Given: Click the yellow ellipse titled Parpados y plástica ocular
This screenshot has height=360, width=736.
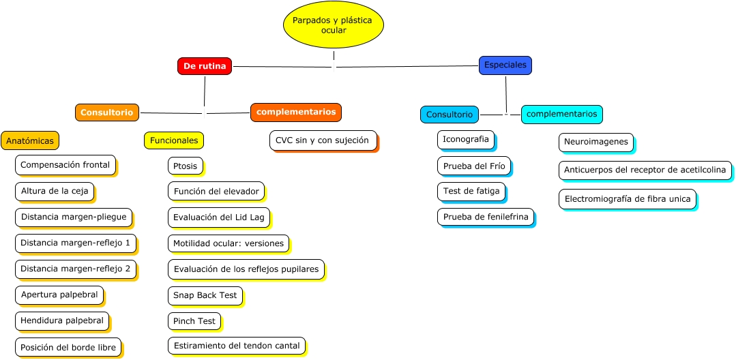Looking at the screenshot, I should coord(333,25).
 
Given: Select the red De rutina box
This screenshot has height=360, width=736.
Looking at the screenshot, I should coord(204,66).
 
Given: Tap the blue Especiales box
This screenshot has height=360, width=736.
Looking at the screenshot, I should coord(505,65).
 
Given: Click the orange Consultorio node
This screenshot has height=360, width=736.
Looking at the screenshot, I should coord(106,112).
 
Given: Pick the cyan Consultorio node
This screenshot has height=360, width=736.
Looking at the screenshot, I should coord(449,115).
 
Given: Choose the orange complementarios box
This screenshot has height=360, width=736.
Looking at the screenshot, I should coord(295,112).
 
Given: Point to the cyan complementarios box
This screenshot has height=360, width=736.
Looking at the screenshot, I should coord(561,114).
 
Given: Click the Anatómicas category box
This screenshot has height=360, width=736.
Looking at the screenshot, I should coord(30,140).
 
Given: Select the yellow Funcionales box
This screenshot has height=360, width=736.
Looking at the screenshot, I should coord(173,140).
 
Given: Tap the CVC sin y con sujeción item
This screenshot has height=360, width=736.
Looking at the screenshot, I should coord(323,140).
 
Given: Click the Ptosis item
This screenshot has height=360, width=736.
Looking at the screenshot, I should coord(185,166).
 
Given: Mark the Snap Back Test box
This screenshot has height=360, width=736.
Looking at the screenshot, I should coord(205,295).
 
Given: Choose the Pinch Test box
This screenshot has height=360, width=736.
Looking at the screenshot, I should coord(194,320).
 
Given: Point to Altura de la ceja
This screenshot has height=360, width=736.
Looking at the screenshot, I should coord(54,191).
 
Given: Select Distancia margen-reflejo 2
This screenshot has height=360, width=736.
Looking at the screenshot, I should coord(75,269).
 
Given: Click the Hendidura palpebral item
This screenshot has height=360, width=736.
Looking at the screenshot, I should coord(61,320).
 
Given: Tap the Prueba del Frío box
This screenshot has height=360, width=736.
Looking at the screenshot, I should coord(473,166).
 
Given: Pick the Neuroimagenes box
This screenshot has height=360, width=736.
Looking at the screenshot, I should coord(595,142).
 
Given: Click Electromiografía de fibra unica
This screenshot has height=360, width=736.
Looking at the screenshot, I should coord(627,199).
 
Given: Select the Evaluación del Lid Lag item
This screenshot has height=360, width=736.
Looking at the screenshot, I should coord(218,217).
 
